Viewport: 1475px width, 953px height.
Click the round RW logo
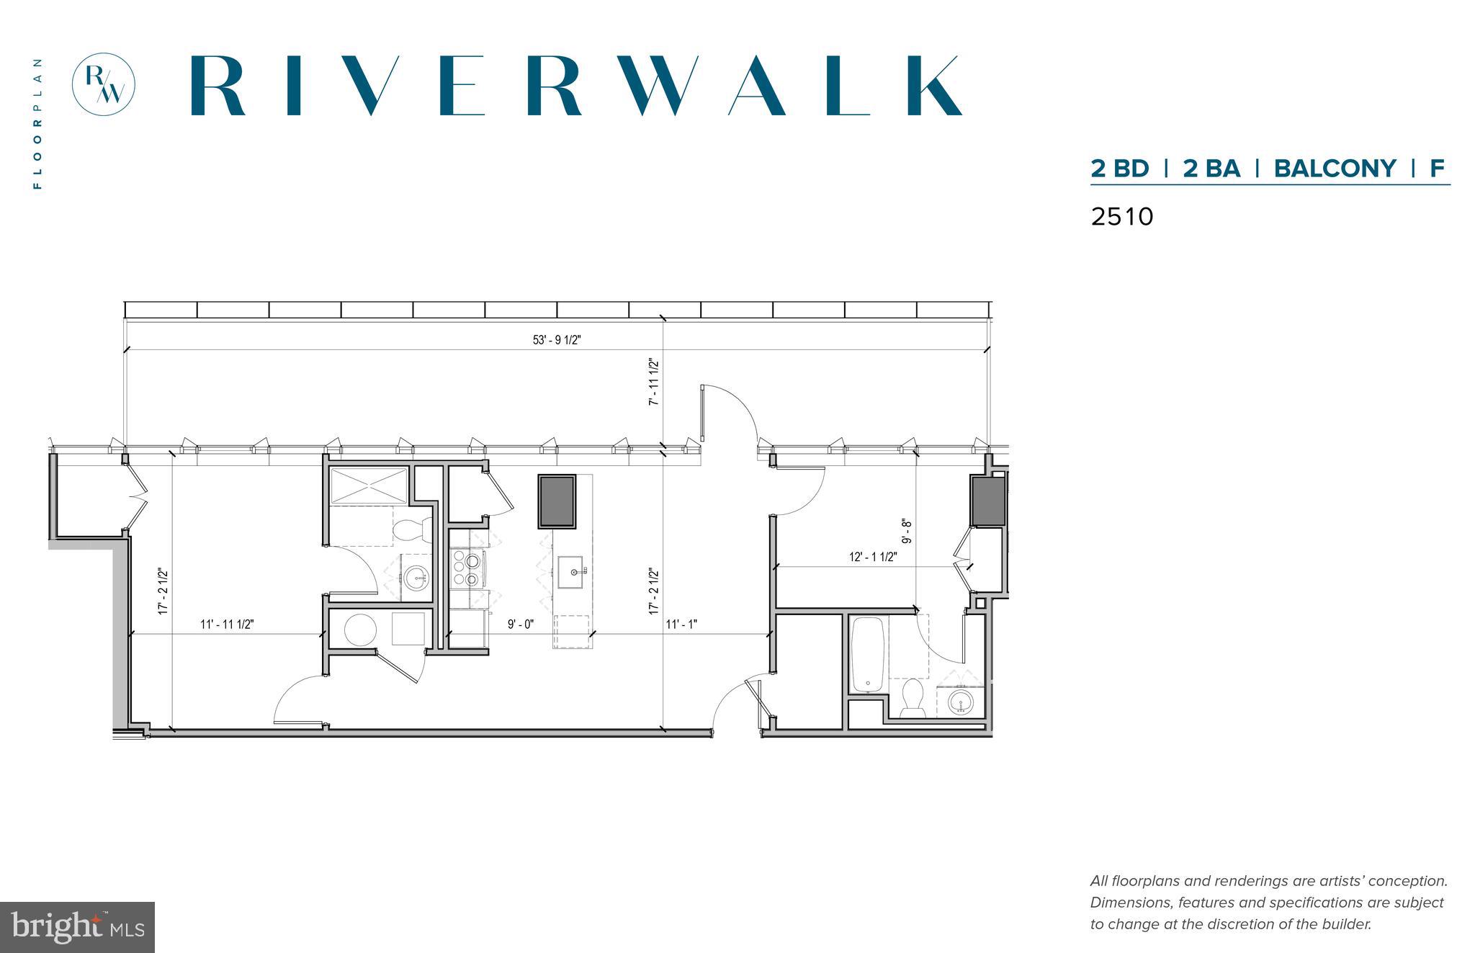(104, 84)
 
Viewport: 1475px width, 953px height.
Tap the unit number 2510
(1121, 217)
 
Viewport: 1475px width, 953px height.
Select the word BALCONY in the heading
(1335, 169)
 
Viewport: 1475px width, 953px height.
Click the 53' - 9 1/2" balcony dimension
(557, 340)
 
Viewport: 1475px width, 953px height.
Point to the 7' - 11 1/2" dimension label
(654, 382)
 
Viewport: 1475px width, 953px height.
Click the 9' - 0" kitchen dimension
(520, 625)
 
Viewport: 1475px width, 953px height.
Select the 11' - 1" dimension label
(681, 625)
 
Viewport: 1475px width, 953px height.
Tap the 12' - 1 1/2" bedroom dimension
(873, 557)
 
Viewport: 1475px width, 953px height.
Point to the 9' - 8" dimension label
(907, 531)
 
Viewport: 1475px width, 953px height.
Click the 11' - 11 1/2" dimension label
(227, 625)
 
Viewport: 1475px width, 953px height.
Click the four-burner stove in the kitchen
(467, 569)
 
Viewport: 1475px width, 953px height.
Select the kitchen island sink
(573, 572)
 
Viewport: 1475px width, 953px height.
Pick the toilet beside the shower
(411, 531)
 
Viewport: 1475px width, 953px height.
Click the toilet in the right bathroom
(913, 697)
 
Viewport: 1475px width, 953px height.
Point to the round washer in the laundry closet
(360, 630)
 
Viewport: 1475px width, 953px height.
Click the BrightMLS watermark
(77, 927)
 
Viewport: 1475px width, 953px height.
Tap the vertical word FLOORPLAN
(37, 123)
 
